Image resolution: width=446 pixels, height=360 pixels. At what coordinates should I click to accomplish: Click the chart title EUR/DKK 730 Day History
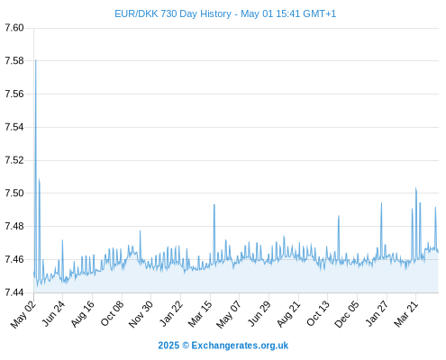coord(173,13)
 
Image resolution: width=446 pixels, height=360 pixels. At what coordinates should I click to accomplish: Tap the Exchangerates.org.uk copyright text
coord(223,346)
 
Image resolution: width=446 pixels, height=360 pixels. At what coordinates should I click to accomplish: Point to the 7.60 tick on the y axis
coord(14,28)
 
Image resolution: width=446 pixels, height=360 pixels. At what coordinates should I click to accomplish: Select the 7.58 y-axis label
coord(14,61)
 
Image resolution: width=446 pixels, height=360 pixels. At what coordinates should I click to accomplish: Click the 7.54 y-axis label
coord(14,127)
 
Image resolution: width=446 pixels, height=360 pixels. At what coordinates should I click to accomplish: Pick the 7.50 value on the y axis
coord(14,193)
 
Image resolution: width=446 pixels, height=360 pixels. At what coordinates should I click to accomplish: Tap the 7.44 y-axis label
coord(14,292)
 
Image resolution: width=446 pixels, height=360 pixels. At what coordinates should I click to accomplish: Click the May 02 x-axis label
coord(23,314)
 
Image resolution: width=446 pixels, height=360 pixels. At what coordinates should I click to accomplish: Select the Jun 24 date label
coord(53,314)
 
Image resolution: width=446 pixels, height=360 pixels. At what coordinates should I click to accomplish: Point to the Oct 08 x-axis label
coord(112,314)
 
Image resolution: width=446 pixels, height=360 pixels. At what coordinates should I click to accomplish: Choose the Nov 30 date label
coord(141,314)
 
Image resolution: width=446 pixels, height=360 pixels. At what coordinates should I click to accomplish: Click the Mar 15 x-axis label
coord(200,314)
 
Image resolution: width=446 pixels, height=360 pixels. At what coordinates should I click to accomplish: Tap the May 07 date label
coord(229,314)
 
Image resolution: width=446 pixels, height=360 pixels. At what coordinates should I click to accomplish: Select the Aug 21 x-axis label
coord(288,314)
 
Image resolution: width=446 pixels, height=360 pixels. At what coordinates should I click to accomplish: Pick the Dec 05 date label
coord(346,314)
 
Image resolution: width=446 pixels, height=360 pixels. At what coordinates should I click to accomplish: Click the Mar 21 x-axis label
coord(405,314)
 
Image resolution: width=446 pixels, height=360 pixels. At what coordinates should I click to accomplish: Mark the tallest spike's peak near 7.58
coord(36,60)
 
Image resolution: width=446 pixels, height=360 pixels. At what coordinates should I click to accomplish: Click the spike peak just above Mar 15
coord(214,204)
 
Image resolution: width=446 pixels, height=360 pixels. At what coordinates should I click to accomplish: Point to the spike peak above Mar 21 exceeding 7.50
coord(416,188)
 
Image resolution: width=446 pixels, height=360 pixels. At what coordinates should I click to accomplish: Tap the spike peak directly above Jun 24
coord(62,240)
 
